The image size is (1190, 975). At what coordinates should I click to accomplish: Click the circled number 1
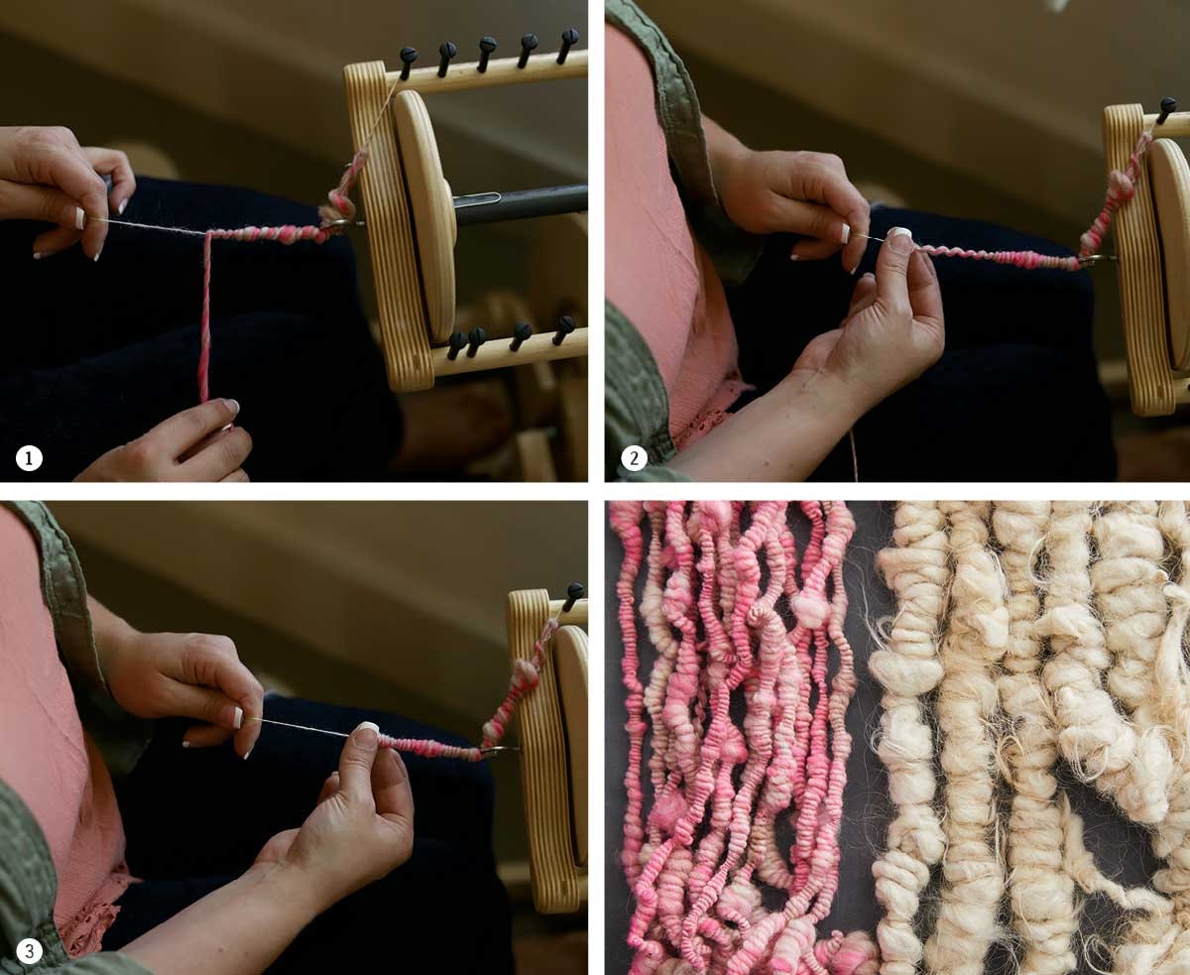(x=29, y=459)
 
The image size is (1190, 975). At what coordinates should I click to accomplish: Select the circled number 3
(x=29, y=951)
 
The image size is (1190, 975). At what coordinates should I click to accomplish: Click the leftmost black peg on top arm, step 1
(x=408, y=59)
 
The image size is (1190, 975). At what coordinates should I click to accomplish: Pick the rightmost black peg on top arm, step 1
(x=567, y=41)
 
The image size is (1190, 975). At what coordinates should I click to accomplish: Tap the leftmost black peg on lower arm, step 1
(x=455, y=343)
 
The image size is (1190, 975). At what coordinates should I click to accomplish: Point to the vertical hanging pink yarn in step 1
(x=205, y=317)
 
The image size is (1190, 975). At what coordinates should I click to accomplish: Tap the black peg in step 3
(x=572, y=594)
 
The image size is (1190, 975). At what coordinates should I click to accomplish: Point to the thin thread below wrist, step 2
(x=853, y=456)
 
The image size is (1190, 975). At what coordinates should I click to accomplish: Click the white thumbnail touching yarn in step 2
(x=899, y=234)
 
